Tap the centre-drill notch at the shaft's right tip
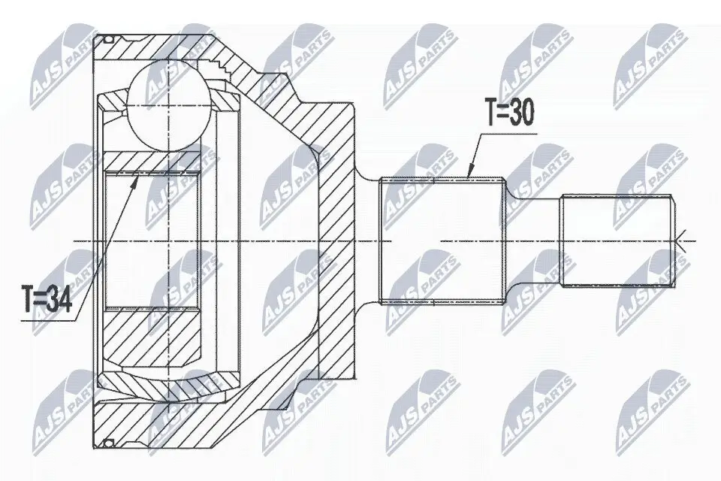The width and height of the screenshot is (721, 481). point(679,240)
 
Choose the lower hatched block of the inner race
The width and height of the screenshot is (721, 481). point(154,331)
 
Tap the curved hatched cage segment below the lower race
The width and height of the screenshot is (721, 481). point(173,384)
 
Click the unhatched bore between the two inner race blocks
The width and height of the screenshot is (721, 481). point(154,240)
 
